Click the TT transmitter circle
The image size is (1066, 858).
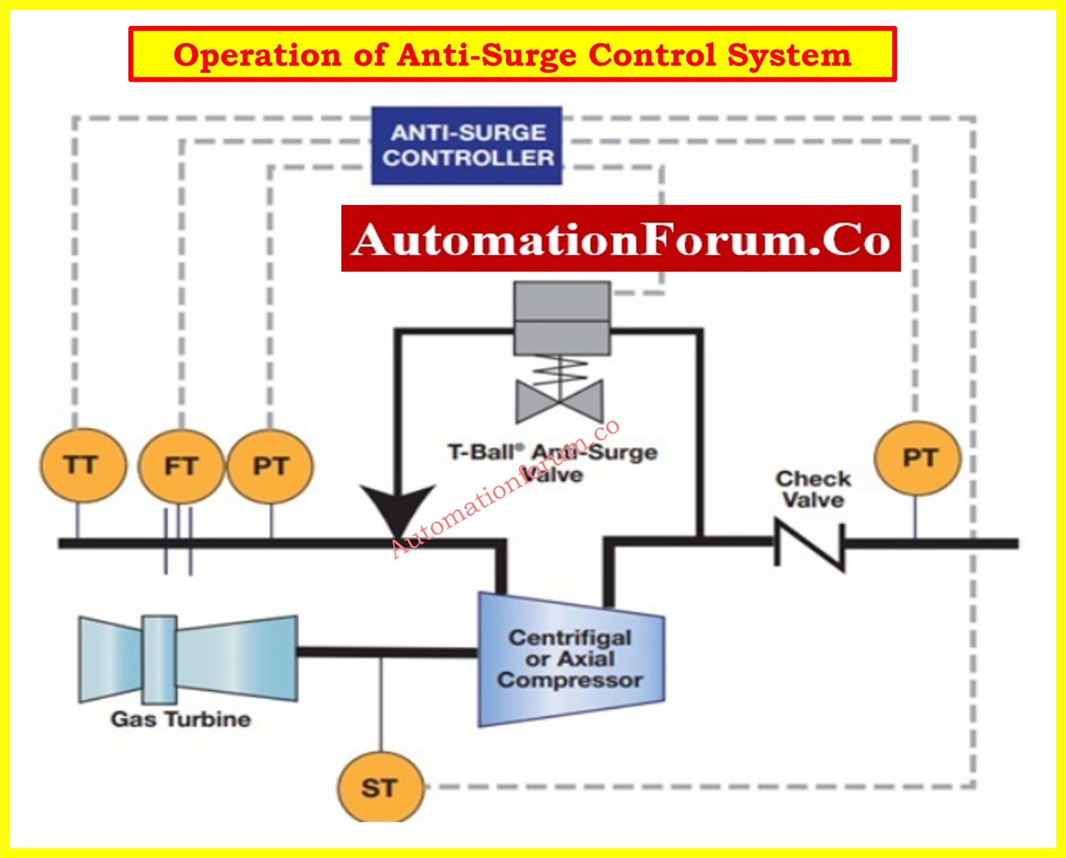click(82, 465)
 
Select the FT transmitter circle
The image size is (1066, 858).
click(181, 466)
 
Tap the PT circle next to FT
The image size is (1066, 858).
click(271, 466)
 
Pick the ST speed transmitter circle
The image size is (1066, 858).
click(380, 788)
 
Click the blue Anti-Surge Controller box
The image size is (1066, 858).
click(467, 146)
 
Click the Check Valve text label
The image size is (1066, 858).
click(813, 489)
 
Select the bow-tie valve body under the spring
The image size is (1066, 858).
click(560, 401)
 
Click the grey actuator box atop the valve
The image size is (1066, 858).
click(562, 318)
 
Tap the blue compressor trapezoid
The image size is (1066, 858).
click(571, 660)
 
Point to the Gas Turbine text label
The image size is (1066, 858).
click(181, 720)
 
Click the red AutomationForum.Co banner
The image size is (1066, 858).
click(620, 239)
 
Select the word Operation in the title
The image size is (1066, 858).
click(258, 55)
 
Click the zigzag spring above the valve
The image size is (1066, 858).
click(560, 368)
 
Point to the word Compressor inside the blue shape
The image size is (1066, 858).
click(570, 681)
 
